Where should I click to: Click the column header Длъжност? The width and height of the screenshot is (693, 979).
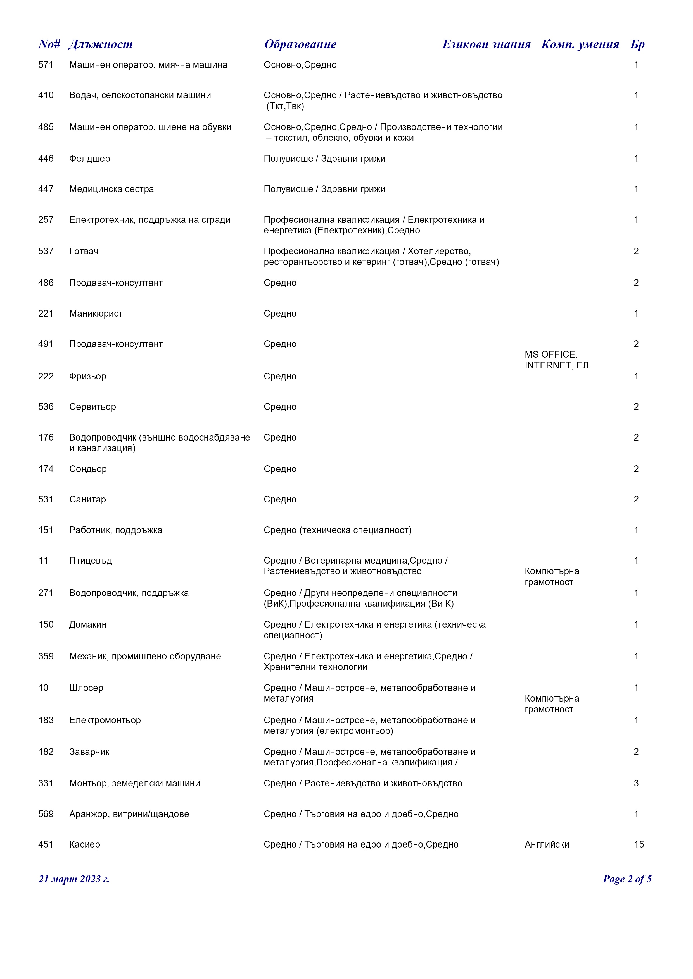tap(100, 44)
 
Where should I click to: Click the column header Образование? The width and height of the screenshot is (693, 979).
tap(300, 44)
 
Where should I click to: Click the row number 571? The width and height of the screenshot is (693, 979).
tap(46, 65)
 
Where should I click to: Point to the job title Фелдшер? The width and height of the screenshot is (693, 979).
tap(90, 159)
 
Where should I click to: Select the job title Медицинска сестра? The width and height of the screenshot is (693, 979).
tap(111, 189)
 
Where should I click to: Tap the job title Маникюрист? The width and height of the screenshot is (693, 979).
tap(96, 313)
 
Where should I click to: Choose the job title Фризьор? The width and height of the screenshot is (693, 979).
tap(87, 376)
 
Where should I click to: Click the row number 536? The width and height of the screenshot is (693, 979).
tap(46, 407)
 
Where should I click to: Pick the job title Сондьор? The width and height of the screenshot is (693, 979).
tap(88, 469)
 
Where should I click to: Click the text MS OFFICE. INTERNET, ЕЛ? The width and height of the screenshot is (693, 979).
tap(557, 360)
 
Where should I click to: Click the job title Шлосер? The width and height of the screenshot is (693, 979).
tap(86, 688)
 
